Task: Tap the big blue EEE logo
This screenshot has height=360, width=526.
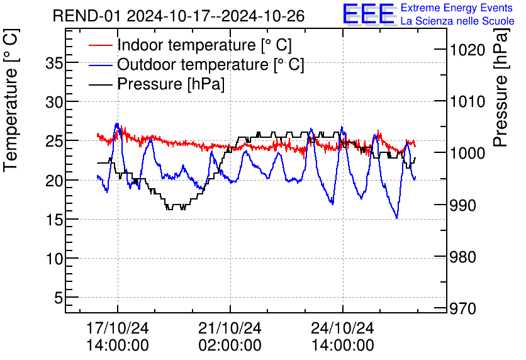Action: [x=369, y=14]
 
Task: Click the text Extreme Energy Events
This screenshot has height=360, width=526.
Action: [x=457, y=8]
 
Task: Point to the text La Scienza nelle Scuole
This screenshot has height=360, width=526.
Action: [x=457, y=21]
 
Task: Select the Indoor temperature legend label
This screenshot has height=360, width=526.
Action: [x=204, y=45]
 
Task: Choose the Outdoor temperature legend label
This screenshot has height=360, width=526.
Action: [x=210, y=64]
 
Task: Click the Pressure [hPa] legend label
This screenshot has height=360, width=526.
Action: [x=171, y=84]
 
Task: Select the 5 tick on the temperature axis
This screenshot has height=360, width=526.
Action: [x=59, y=298]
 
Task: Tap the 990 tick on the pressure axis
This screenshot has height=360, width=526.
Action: [x=462, y=205]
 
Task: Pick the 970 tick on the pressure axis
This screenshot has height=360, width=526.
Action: [x=462, y=309]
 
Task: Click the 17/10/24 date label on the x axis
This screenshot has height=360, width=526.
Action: [x=118, y=329]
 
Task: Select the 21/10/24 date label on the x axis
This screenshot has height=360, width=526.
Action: [x=230, y=329]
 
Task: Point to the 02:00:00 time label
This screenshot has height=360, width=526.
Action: [x=230, y=345]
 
